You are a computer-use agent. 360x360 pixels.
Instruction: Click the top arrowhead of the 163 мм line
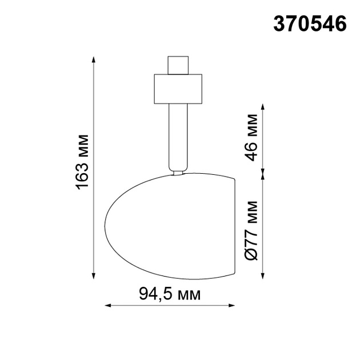(x=92, y=59)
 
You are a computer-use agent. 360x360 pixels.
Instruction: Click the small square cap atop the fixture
(x=178, y=65)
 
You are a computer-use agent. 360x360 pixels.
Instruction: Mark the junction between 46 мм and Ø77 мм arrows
(x=263, y=171)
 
